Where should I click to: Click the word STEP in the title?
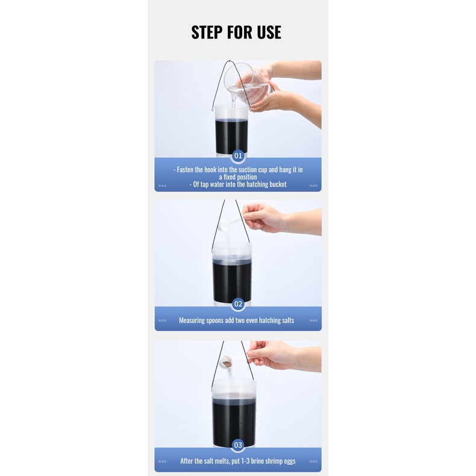click(x=207, y=32)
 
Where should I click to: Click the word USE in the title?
click(x=269, y=32)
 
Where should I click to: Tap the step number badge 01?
click(x=238, y=155)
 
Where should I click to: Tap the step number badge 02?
click(x=238, y=304)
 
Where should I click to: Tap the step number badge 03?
click(x=238, y=445)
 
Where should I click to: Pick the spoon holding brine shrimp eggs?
click(x=234, y=360)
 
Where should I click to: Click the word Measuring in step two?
click(x=192, y=321)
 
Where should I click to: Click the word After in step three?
click(x=186, y=461)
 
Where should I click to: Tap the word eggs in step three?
click(x=289, y=462)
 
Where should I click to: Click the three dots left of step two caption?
click(x=163, y=321)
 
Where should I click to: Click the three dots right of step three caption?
click(x=313, y=462)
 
